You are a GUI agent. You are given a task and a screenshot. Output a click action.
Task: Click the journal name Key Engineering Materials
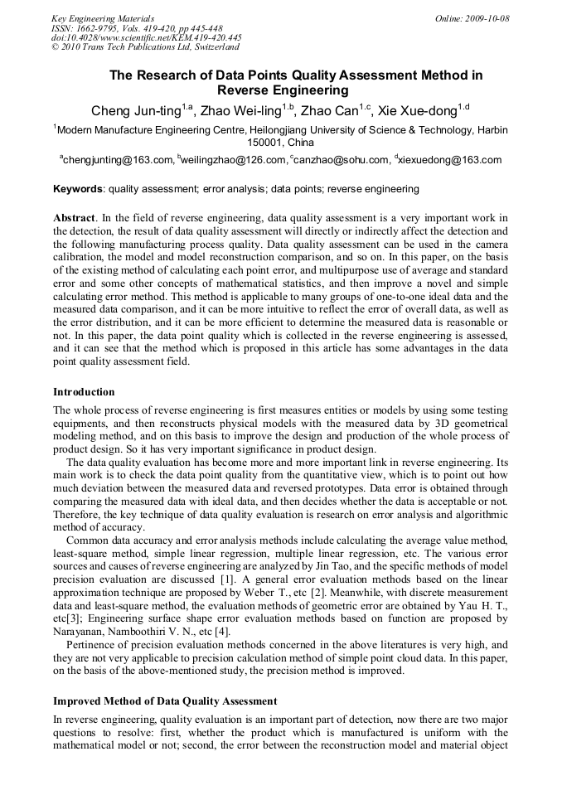tap(102, 18)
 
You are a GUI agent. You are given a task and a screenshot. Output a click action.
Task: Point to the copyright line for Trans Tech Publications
tap(145, 47)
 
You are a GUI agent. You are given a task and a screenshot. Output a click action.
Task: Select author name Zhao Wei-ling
tap(242, 111)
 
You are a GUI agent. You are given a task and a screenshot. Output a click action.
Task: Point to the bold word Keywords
tap(78, 189)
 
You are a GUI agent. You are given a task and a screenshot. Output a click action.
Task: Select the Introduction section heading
tap(84, 392)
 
